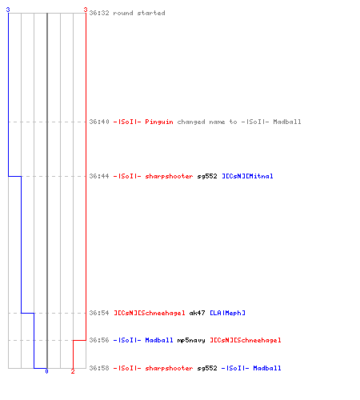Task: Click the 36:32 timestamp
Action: [99, 13]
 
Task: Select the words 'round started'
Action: [139, 13]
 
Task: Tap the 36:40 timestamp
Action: [99, 122]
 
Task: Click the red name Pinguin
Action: [159, 122]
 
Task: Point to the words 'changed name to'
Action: [207, 122]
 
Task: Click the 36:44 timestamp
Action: [99, 176]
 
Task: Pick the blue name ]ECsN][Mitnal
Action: [247, 176]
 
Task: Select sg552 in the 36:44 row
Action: [207, 177]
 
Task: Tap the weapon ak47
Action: [197, 313]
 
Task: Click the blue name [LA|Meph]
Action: [227, 313]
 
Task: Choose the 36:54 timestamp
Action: [99, 313]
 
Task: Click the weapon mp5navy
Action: [191, 341]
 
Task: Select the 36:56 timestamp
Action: [99, 340]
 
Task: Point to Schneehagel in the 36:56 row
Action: [246, 341]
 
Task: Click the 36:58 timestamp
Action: [99, 368]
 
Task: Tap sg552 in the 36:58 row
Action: [207, 369]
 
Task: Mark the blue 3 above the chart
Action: [8, 10]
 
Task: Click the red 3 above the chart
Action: [86, 10]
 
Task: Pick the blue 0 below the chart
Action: [46, 371]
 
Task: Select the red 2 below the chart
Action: [73, 371]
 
